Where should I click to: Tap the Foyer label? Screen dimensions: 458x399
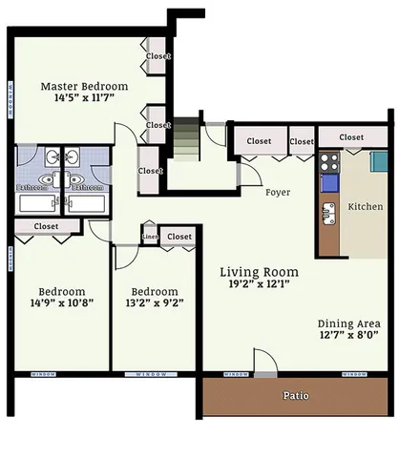pyautogui.click(x=278, y=192)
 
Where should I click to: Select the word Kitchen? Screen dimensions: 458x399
pyautogui.click(x=366, y=206)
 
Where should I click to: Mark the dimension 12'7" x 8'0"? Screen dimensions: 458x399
pyautogui.click(x=349, y=335)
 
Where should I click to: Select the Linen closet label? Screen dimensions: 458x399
pyautogui.click(x=150, y=236)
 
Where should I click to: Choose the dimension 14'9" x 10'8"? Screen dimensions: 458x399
pyautogui.click(x=62, y=305)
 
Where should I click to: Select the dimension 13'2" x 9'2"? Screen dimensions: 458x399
pyautogui.click(x=155, y=305)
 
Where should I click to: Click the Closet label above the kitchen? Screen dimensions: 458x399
pyautogui.click(x=351, y=137)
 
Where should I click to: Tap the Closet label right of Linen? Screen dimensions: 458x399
pyautogui.click(x=178, y=236)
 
